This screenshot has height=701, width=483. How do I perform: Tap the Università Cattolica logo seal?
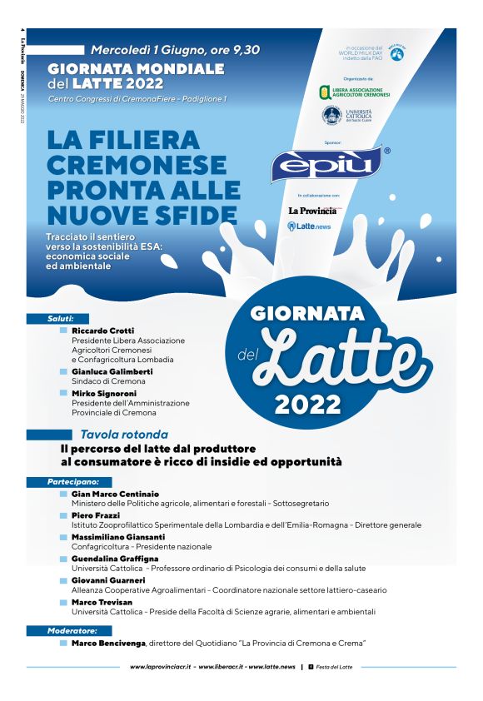click(331, 116)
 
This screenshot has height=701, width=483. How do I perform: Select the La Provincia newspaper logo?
click(312, 211)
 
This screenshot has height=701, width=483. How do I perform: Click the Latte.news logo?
click(309, 226)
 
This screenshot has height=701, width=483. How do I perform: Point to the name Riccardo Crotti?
click(102, 331)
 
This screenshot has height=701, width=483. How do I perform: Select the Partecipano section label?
click(73, 481)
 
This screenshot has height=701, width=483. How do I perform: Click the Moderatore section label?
click(73, 631)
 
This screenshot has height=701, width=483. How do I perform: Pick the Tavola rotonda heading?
click(124, 435)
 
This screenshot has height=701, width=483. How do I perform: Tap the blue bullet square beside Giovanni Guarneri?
click(63, 580)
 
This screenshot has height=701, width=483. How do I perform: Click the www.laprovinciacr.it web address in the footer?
click(160, 667)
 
